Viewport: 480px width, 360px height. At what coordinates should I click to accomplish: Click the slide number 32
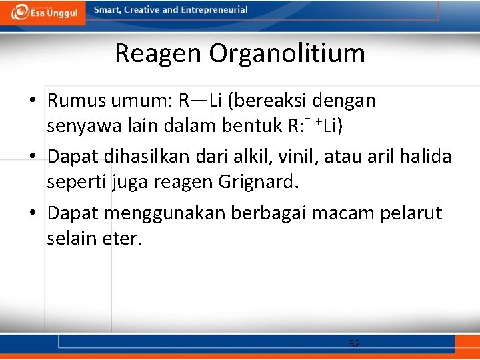(x=355, y=344)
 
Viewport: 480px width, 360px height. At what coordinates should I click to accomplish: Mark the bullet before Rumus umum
(x=32, y=101)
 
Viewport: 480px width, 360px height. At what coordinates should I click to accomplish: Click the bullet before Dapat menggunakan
(x=32, y=213)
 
